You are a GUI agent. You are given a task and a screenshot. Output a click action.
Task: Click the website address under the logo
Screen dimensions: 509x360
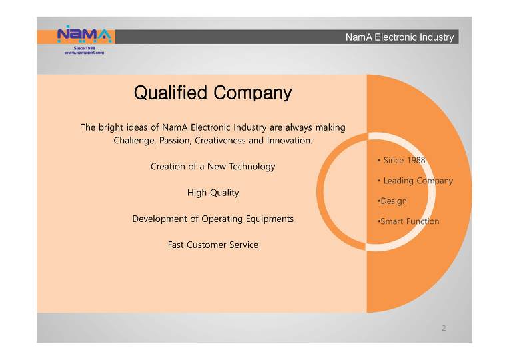85,53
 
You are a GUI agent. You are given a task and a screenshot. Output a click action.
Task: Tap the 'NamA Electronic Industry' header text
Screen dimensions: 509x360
400,37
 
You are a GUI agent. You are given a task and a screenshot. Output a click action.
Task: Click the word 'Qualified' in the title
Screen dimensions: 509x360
171,93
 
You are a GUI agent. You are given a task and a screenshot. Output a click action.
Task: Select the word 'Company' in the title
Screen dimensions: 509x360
253,93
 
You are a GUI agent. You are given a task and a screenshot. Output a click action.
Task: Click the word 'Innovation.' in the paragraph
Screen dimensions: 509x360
290,141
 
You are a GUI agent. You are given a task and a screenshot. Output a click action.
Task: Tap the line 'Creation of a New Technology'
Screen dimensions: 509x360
213,167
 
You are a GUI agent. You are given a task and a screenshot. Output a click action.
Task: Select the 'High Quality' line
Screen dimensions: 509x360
213,193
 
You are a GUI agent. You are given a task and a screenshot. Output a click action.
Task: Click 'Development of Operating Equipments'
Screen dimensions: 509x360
213,219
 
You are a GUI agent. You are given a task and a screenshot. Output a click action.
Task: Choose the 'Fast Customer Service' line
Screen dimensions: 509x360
213,245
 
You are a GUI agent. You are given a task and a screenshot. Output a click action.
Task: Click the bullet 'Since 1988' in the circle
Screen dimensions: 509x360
402,160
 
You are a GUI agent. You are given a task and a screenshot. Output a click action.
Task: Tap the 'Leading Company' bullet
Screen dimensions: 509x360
416,181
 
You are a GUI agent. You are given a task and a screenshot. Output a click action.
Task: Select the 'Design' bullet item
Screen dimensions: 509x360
392,201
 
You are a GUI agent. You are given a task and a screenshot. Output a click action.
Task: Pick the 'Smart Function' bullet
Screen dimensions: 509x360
408,221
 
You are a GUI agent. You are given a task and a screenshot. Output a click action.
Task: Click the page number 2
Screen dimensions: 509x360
444,328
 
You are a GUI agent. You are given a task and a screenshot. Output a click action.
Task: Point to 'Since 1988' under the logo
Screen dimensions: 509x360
85,48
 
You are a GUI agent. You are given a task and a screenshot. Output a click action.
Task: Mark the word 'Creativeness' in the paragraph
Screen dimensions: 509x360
220,141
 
